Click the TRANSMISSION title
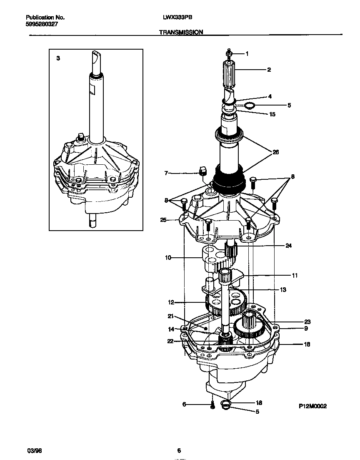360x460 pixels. coord(181,32)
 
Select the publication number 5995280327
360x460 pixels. coord(42,24)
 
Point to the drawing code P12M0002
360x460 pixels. coord(312,405)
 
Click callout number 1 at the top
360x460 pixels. coord(247,53)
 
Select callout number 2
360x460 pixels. coord(269,70)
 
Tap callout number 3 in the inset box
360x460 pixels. coord(58,59)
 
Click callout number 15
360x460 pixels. coord(272,114)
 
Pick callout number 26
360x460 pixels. coord(275,152)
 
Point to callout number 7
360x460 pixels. coord(166,173)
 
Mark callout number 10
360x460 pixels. coord(168,258)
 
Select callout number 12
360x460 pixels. coord(171,302)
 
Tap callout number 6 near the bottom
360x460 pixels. coord(184,404)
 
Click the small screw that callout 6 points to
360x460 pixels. coord(212,404)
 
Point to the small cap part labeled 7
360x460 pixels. coord(203,171)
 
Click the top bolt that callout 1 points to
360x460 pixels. coord(229,53)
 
